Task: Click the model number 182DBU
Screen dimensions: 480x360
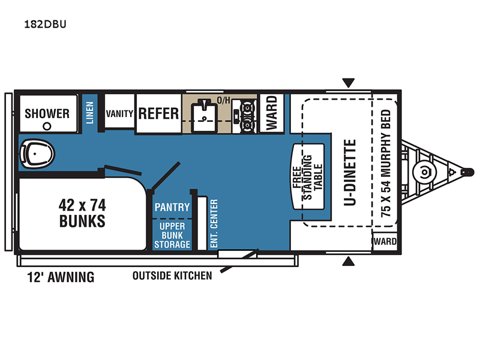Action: [45, 24]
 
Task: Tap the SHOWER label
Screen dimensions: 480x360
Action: [47, 113]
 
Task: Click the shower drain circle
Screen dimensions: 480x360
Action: [47, 126]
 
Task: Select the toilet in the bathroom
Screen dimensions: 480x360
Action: [37, 154]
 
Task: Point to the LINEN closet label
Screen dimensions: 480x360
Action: [89, 113]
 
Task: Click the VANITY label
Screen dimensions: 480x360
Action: [119, 113]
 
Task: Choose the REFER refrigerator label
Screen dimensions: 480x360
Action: [158, 113]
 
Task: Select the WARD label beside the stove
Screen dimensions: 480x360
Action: [272, 113]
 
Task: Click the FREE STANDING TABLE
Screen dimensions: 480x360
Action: [308, 177]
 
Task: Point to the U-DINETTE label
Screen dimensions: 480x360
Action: [350, 172]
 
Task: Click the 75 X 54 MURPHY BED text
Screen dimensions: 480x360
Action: [386, 163]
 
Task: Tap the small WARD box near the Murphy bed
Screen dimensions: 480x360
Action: [385, 241]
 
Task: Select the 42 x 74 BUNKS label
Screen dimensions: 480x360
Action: [82, 213]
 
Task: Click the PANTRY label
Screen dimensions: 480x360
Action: [172, 207]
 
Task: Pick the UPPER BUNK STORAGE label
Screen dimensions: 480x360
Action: [172, 235]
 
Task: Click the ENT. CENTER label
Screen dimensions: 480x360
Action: [214, 223]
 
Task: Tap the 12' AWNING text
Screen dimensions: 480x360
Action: [61, 277]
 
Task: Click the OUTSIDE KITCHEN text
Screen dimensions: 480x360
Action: [172, 276]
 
